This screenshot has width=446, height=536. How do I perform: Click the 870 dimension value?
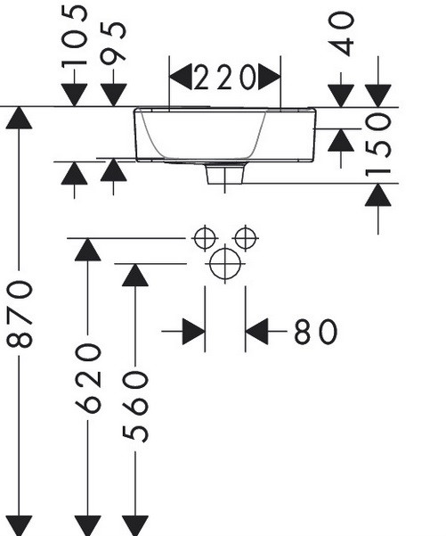pyautogui.click(x=20, y=313)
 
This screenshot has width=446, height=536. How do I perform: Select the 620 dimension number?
pyautogui.click(x=88, y=378)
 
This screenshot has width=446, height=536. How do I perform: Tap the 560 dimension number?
pyautogui.click(x=135, y=407)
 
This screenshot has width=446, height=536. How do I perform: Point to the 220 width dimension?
pyautogui.click(x=225, y=78)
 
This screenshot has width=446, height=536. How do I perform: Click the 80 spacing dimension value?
pyautogui.click(x=316, y=331)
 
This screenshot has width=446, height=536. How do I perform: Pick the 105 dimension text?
pyautogui.click(x=75, y=34)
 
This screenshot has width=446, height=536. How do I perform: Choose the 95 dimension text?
pyautogui.click(x=114, y=43)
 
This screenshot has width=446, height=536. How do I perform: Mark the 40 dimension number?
pyautogui.click(x=341, y=34)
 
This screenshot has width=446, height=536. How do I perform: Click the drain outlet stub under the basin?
pyautogui.click(x=225, y=174)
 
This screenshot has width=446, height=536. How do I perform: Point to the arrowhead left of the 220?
pyautogui.click(x=181, y=77)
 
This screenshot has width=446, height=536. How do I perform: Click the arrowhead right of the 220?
pyautogui.click(x=269, y=77)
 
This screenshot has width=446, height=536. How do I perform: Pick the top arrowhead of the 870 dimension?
pyautogui.click(x=19, y=118)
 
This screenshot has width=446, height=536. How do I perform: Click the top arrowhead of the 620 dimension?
pyautogui.click(x=88, y=250)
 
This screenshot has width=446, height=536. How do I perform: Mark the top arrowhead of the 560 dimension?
pyautogui.click(x=135, y=275)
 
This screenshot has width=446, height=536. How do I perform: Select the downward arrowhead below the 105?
pyautogui.click(x=75, y=95)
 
